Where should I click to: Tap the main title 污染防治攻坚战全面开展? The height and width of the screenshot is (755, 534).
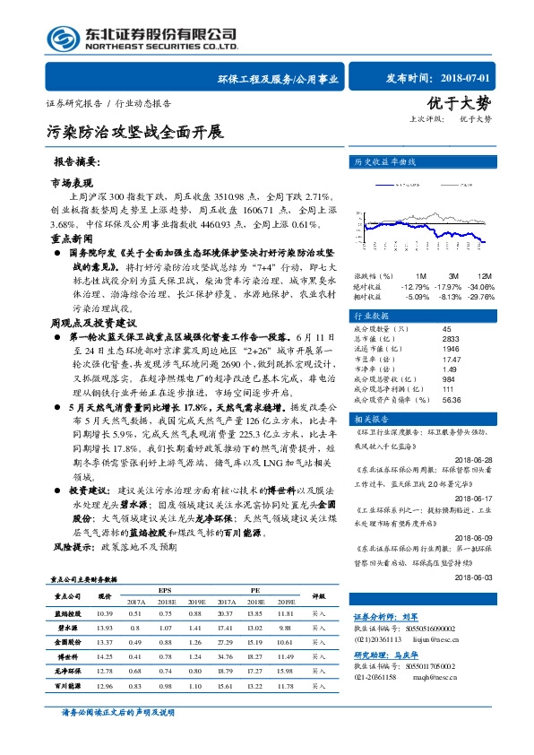pyautogui.click(x=134, y=132)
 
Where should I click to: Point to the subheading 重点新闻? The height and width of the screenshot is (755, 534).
pyautogui.click(x=71, y=240)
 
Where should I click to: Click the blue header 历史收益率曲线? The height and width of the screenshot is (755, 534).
pyautogui.click(x=386, y=162)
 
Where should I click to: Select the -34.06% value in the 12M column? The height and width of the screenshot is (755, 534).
pyautogui.click(x=479, y=285)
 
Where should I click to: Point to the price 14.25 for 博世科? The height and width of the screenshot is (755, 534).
pyautogui.click(x=105, y=657)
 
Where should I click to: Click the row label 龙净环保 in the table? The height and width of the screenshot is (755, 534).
pyautogui.click(x=68, y=671)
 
